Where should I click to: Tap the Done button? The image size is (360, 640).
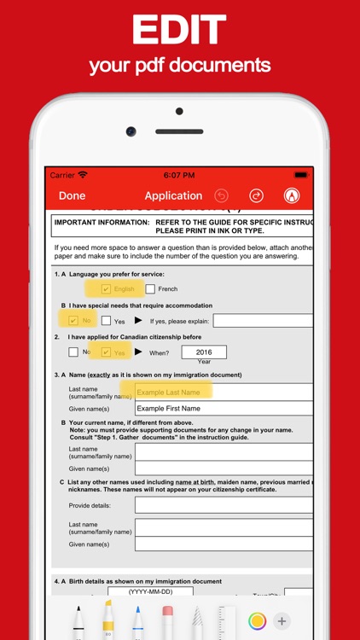coord(72,196)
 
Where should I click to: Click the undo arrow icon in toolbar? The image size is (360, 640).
coord(222,196)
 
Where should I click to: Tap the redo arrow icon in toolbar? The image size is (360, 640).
coord(256,196)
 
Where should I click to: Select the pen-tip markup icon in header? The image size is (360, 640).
coord(292,196)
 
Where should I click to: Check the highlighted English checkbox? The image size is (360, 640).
coord(107,289)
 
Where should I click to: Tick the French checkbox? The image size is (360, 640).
coord(150,289)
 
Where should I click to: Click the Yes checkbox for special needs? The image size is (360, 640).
coord(107,321)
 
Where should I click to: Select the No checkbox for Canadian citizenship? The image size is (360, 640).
coord(73,352)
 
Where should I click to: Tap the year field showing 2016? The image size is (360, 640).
coord(204,352)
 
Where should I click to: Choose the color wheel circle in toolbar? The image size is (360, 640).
coord(257,620)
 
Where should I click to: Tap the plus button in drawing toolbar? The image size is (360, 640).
coord(282,620)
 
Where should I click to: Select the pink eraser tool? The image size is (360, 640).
coord(167,620)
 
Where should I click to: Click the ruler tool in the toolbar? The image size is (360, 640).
coord(225,620)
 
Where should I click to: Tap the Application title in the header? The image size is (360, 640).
coord(173,196)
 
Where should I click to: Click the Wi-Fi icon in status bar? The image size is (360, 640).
coord(83,175)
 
